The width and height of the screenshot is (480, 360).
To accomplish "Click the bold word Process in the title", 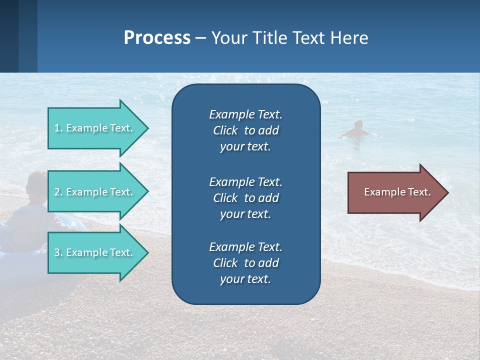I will [157, 38].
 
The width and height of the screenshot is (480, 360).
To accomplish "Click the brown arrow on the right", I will [395, 192].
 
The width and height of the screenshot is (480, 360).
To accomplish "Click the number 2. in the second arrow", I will [58, 192].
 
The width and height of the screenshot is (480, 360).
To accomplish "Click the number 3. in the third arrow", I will [58, 252].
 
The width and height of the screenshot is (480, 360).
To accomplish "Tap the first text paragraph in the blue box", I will [245, 130].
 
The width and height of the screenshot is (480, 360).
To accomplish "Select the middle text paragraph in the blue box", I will [245, 198].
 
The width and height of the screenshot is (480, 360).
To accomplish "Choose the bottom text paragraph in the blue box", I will [245, 263].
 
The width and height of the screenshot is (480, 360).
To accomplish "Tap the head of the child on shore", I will [36, 183].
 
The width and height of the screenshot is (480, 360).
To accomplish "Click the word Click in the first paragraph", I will [225, 130].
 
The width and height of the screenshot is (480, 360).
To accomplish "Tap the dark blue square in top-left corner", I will [9, 36].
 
